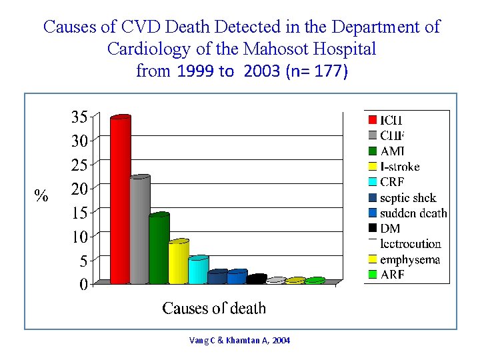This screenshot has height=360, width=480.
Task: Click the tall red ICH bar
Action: [120, 200]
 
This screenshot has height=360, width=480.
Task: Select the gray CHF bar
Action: [139, 230]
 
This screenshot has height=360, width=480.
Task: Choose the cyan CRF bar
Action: [197, 270]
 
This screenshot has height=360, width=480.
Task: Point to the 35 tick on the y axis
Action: [79, 117]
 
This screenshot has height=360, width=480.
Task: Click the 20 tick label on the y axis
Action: [79, 189]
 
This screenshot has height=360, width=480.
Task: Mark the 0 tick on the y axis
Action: [83, 285]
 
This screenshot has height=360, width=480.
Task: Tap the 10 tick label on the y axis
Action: [79, 237]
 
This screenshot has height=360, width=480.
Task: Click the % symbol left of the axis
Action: [41, 195]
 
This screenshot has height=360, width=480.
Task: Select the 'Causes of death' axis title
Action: [214, 308]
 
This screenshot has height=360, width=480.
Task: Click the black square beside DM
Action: [373, 229]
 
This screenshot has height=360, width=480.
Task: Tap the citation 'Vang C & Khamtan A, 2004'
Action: [240, 341]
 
